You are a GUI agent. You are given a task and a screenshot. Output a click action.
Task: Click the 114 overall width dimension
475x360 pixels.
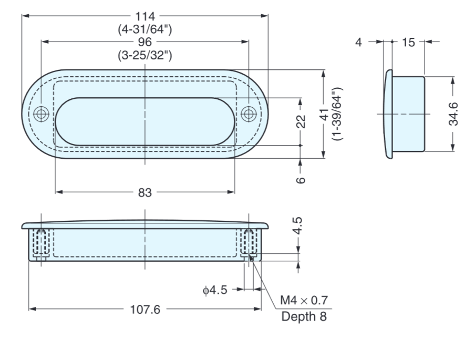(x=145, y=16)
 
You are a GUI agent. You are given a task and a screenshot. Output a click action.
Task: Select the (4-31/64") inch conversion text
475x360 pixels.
(x=145, y=29)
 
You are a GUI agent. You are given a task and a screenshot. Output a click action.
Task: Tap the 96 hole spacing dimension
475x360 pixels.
(x=145, y=42)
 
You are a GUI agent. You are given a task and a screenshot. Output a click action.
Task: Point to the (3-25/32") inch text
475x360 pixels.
(x=145, y=56)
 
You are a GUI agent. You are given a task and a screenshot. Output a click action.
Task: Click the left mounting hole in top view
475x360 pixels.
(x=41, y=114)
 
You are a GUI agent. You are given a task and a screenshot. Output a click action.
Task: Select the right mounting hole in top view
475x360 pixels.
(x=249, y=114)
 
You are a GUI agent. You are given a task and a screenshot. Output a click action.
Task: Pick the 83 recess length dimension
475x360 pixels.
(x=145, y=192)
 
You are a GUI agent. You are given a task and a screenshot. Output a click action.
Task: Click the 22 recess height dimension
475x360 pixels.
(x=301, y=121)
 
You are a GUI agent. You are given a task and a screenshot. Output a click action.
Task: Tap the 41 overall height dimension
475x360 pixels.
(x=324, y=114)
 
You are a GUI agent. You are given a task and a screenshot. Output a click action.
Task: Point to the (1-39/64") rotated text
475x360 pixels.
(x=337, y=114)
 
